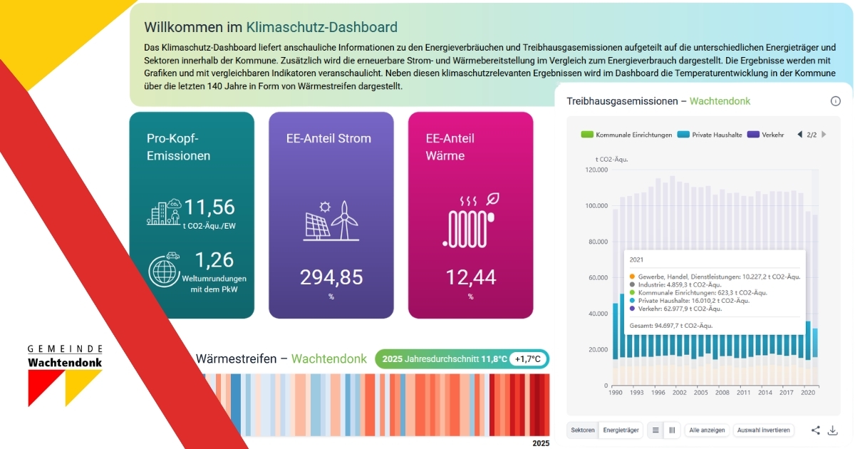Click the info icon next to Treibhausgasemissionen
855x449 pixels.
pyautogui.click(x=836, y=101)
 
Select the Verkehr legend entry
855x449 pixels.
pyautogui.click(x=767, y=134)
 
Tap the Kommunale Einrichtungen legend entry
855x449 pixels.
pyautogui.click(x=627, y=134)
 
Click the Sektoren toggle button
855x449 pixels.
pyautogui.click(x=583, y=430)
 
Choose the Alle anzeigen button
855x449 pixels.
pyautogui.click(x=707, y=430)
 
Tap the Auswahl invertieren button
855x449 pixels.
pyautogui.click(x=763, y=430)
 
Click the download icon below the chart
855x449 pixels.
pyautogui.click(x=832, y=430)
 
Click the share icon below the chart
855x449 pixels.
pyautogui.click(x=816, y=430)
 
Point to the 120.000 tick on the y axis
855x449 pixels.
pyautogui.click(x=596, y=170)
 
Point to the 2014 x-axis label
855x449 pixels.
pyautogui.click(x=765, y=393)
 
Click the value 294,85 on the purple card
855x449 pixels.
pyautogui.click(x=331, y=277)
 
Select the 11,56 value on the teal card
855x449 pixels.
pyautogui.click(x=209, y=207)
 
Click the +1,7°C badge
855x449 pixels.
pyautogui.click(x=528, y=358)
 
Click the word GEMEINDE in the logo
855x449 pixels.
pyautogui.click(x=66, y=349)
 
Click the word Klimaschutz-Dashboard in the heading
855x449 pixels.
pyautogui.click(x=321, y=28)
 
